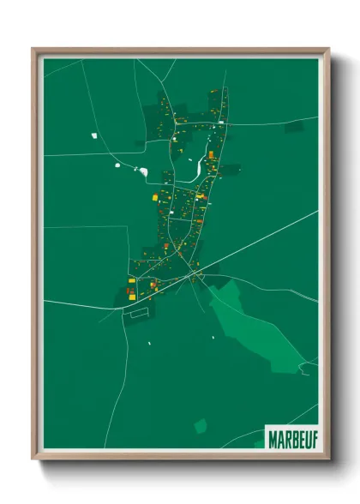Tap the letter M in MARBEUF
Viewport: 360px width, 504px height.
click(x=272, y=437)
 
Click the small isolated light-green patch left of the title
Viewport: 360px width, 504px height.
click(x=201, y=425)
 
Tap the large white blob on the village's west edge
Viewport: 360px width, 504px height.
click(x=144, y=172)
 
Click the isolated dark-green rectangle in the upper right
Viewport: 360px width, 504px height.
click(x=294, y=126)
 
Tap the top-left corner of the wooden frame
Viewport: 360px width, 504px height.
click(x=34, y=50)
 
